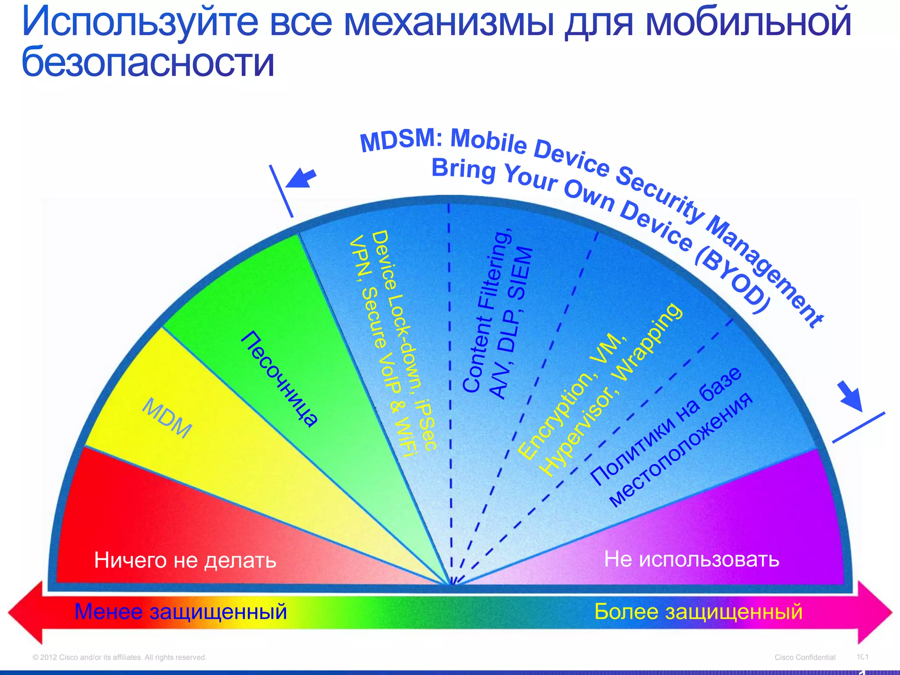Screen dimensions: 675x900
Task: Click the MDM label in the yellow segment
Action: pos(167,418)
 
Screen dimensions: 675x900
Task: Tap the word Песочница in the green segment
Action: pos(279,378)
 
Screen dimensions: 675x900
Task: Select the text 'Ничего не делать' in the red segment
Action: pos(185,560)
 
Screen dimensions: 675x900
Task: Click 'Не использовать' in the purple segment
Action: pos(691,559)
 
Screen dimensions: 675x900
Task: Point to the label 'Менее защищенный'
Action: pos(181,611)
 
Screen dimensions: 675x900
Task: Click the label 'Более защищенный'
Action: pos(698,611)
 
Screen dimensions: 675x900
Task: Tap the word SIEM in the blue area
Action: pos(521,273)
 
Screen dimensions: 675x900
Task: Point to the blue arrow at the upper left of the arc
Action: pos(301,178)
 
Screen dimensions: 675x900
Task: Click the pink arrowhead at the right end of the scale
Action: pos(875,612)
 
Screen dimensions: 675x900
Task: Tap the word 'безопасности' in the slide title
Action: pos(148,62)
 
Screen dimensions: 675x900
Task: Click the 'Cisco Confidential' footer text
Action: pos(805,657)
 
